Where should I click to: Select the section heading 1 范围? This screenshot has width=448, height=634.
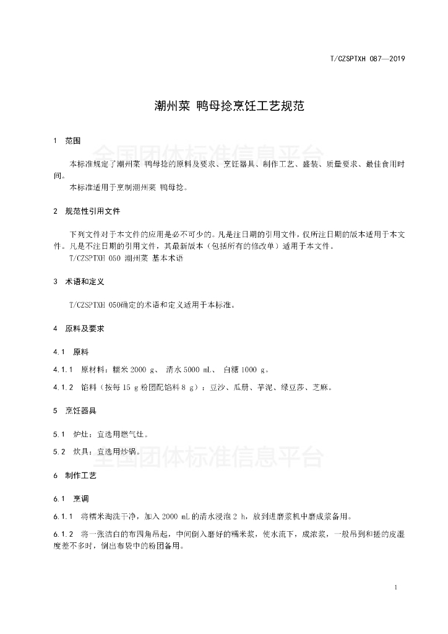pyautogui.click(x=67, y=141)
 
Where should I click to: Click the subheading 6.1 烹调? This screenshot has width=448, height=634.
pyautogui.click(x=71, y=498)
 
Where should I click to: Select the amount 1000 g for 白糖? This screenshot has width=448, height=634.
pyautogui.click(x=254, y=370)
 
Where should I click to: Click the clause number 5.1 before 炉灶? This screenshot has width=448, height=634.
pyautogui.click(x=59, y=434)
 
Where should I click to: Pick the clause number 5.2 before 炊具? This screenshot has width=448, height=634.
pyautogui.click(x=59, y=452)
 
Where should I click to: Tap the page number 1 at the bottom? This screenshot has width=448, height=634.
pyautogui.click(x=395, y=587)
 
